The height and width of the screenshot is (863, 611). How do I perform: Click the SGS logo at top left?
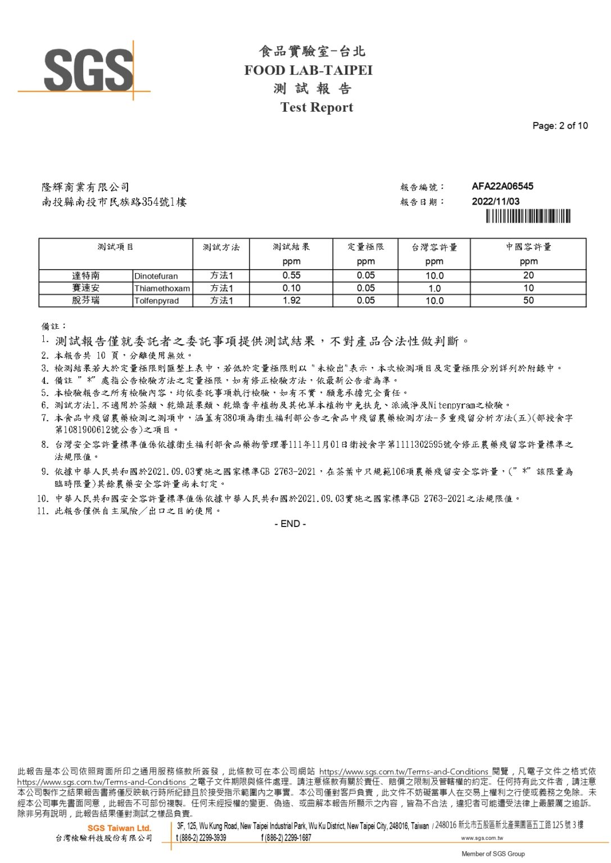tap(88, 70)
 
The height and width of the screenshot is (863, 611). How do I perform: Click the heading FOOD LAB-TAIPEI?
tap(308, 70)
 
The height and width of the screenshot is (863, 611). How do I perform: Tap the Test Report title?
tap(316, 107)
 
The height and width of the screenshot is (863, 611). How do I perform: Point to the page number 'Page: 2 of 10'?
tap(560, 126)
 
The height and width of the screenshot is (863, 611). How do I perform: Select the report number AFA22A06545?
tap(503, 187)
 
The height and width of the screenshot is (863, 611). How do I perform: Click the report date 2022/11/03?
tap(495, 201)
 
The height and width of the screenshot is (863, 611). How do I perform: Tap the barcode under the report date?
tap(528, 216)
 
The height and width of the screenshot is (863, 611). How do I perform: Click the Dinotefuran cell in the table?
tap(156, 276)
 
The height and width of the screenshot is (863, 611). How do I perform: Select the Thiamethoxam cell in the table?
tap(162, 288)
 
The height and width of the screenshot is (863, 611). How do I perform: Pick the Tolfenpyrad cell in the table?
tap(156, 301)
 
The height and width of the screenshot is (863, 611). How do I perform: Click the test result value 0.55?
tap(291, 275)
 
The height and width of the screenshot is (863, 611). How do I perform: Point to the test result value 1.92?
tap(291, 300)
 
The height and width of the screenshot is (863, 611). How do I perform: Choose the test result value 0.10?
tap(291, 288)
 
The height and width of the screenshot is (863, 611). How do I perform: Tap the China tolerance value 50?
tap(528, 300)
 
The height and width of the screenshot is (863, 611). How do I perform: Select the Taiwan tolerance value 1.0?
tap(434, 288)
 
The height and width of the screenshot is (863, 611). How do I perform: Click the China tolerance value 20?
tap(528, 275)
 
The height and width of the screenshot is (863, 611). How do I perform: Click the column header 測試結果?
tap(291, 247)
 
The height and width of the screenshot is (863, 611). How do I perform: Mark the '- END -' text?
tap(290, 524)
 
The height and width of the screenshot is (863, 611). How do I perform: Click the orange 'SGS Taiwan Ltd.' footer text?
tap(119, 828)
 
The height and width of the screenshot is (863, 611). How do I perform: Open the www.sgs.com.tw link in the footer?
tap(482, 838)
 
